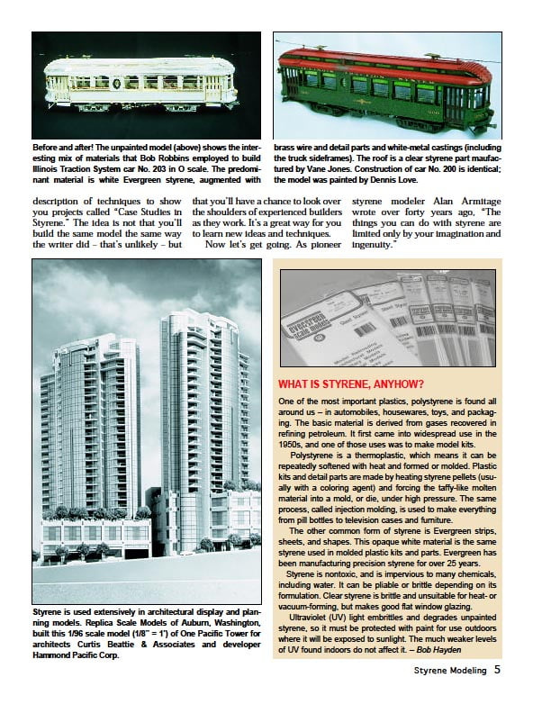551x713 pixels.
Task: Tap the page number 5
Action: (497, 669)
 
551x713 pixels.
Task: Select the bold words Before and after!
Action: (68, 145)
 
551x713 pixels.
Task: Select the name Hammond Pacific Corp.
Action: (76, 655)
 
